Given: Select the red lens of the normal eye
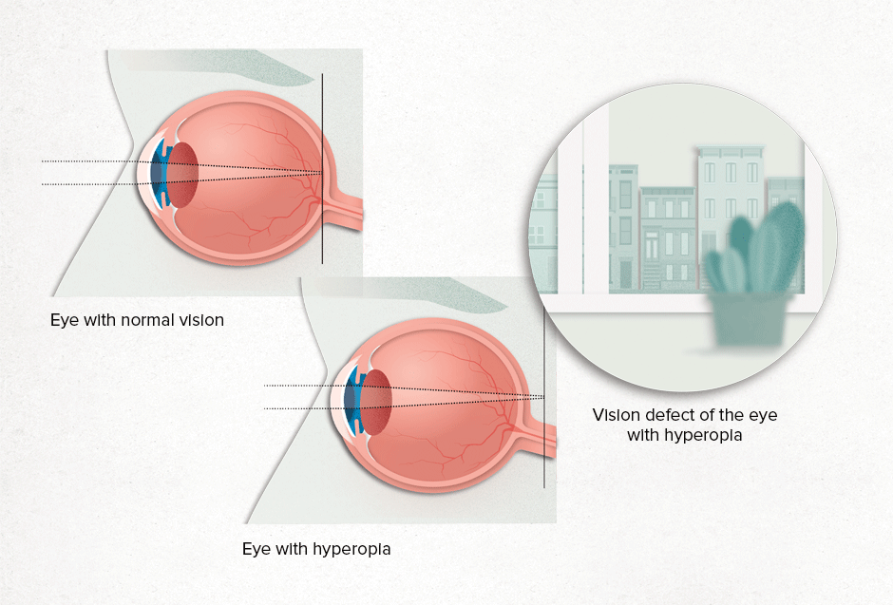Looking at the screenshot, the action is [183, 174].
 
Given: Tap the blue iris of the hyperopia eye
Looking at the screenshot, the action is [353, 400].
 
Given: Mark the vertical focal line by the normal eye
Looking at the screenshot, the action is [322, 168].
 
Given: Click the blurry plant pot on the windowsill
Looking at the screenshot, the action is [749, 319].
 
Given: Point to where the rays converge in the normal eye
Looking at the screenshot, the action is [322, 173].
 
